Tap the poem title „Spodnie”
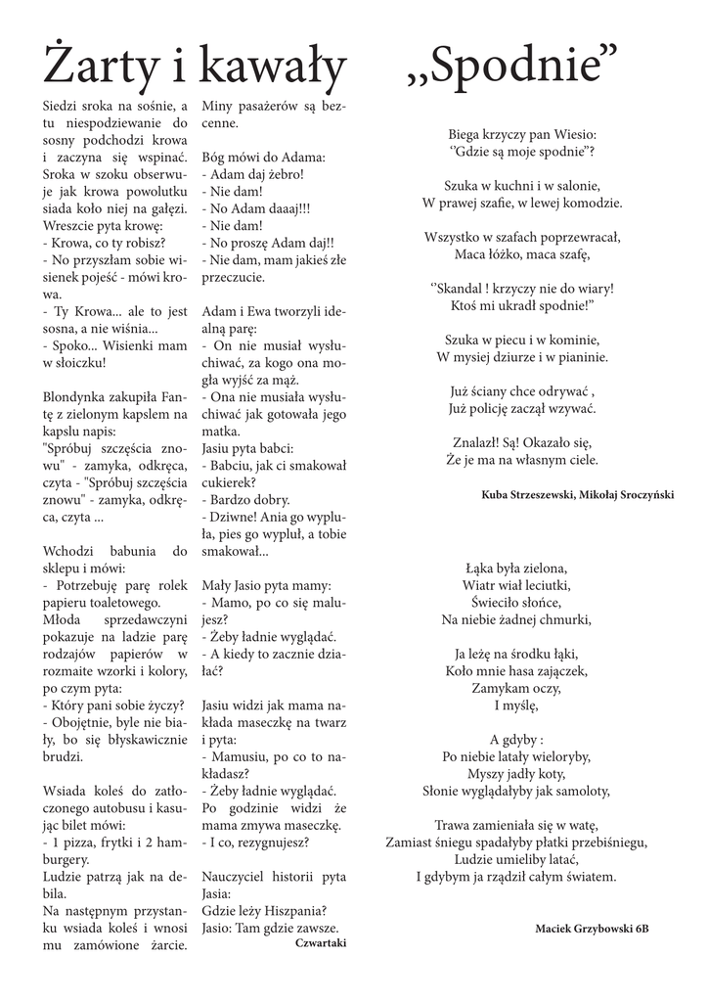(512, 68)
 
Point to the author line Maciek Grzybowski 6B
(592, 927)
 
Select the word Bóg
(213, 158)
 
